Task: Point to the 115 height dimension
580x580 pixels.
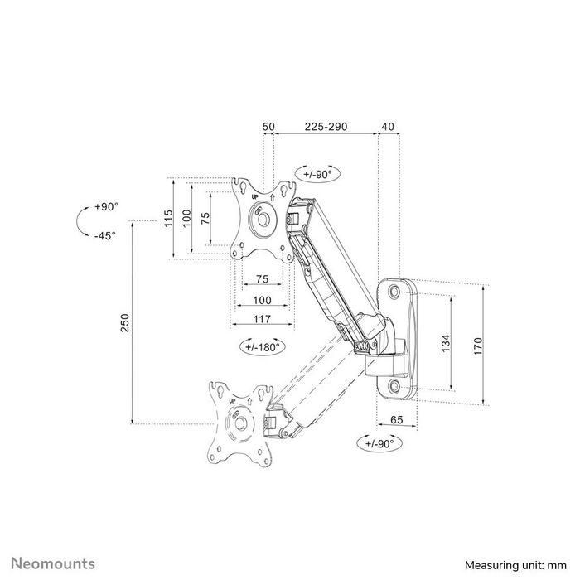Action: point(167,218)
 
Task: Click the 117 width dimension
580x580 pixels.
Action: point(262,319)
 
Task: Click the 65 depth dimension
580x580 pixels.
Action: point(397,421)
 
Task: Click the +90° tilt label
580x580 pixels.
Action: point(105,206)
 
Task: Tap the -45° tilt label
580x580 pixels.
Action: point(105,234)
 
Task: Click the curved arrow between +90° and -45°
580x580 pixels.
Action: point(80,221)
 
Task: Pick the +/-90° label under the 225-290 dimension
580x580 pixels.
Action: point(317,176)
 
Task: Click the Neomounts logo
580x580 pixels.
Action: point(52,564)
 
